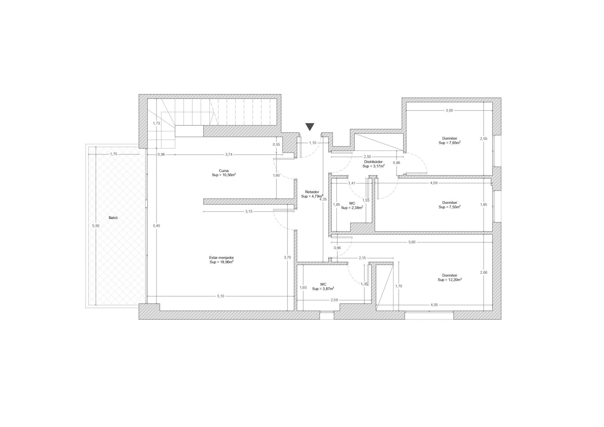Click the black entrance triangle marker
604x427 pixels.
pos(310,127)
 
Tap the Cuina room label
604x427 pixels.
pos(224,171)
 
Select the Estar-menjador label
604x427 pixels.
pos(221,257)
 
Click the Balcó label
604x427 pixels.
pos(113,218)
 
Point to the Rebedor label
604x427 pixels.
pos(312,192)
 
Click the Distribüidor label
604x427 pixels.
pos(373,162)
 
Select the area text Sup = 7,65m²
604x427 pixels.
pos(450,143)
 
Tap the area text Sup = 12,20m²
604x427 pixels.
pos(450,280)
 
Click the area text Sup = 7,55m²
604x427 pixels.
pos(450,207)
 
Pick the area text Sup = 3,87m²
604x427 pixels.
pos(323,289)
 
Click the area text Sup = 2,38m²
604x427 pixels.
pos(352,208)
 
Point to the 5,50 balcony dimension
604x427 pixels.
pos(96,226)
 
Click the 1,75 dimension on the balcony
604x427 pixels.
pos(114,154)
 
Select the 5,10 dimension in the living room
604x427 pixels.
pos(221,296)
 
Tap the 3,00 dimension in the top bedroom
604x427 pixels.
pos(449,110)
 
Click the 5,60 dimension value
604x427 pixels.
pos(412,242)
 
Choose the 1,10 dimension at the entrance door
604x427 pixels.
pos(312,143)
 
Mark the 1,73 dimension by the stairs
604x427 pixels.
pos(156,123)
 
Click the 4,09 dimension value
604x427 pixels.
pos(433,183)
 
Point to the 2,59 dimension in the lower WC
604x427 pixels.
pos(334,300)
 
